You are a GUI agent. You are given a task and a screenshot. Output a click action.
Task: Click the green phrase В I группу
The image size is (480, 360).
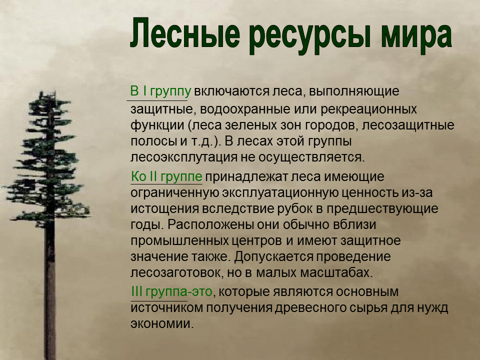[160, 92]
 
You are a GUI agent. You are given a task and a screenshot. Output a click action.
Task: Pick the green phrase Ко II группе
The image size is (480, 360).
[166, 176]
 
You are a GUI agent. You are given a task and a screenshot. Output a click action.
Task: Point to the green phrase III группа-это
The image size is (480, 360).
[171, 291]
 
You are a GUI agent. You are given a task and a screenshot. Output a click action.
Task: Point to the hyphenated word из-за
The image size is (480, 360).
[422, 192]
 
